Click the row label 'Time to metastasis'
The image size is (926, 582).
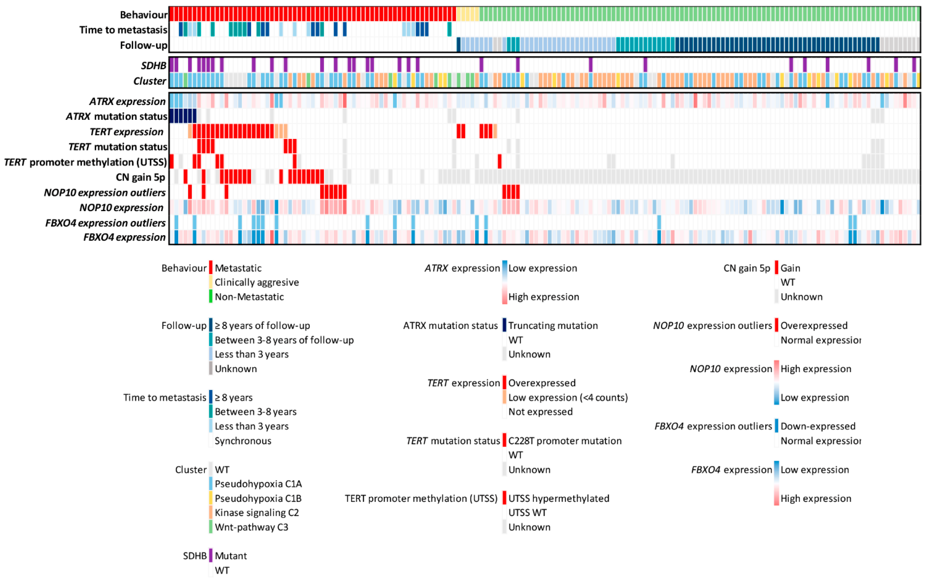pos(123,30)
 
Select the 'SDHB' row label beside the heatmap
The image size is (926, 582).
pos(154,66)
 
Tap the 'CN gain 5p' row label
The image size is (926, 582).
pos(140,177)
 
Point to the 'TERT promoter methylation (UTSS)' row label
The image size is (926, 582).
pos(85,162)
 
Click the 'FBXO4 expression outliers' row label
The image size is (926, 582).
pos(105,223)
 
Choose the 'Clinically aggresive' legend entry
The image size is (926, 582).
pos(257,282)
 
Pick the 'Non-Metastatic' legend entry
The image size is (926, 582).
pos(249,297)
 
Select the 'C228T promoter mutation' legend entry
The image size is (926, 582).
pos(565,441)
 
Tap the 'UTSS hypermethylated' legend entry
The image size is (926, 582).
pos(558,498)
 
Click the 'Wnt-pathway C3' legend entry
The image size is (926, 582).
pos(251,527)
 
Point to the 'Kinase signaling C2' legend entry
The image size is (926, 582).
pos(257,513)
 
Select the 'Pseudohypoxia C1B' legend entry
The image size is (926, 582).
pos(258,498)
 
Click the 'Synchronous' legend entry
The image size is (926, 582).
pos(243,441)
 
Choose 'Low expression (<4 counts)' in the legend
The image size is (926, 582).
pos(568,397)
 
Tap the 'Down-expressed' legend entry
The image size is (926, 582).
pos(818,426)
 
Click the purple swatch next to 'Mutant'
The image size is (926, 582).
pos(211,556)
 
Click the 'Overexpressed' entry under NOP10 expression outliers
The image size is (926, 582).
pos(814,325)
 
